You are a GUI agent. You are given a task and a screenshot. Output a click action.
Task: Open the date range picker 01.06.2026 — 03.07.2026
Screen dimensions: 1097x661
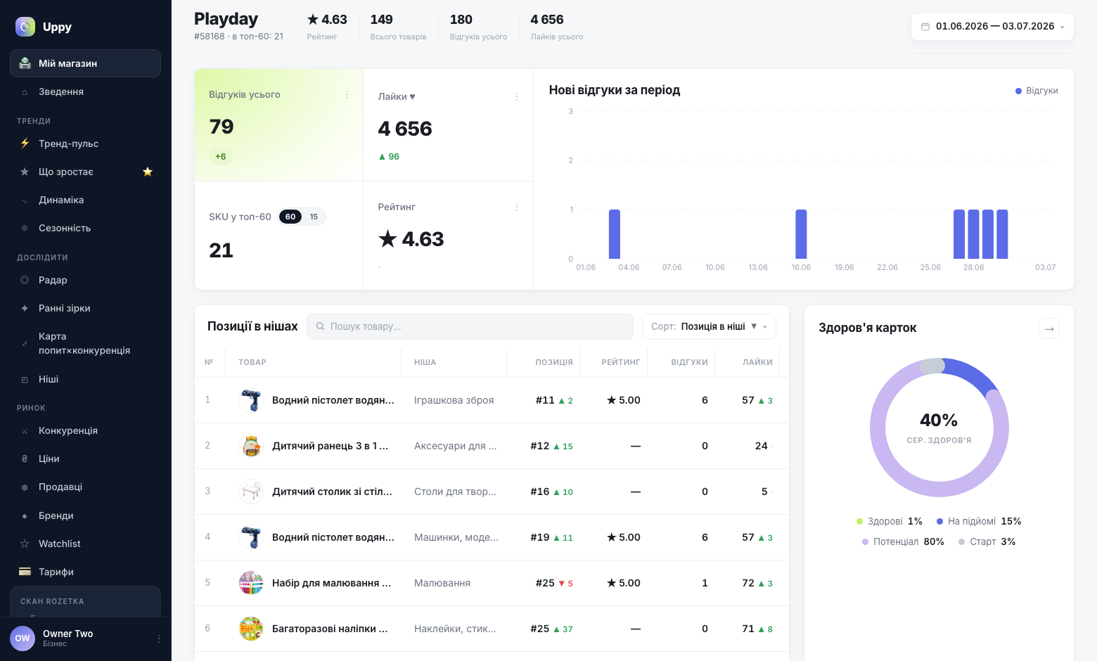click(x=992, y=27)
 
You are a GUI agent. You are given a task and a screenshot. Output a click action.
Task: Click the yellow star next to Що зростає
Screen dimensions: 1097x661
click(x=148, y=172)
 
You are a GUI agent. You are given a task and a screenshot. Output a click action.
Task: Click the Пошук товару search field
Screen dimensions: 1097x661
click(x=470, y=326)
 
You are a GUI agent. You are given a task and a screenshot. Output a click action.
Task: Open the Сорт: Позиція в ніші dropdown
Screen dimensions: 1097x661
click(x=709, y=326)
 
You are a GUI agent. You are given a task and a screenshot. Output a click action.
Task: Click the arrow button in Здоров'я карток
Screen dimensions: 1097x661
click(x=1049, y=328)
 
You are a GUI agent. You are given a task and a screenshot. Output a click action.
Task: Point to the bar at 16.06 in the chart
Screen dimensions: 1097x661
click(x=801, y=234)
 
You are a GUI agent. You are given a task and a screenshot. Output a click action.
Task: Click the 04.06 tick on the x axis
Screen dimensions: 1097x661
click(x=629, y=267)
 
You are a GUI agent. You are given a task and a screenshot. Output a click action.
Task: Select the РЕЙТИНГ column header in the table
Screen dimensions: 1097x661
click(x=620, y=362)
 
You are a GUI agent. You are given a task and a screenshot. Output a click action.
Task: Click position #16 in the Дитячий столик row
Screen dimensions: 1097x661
click(x=539, y=492)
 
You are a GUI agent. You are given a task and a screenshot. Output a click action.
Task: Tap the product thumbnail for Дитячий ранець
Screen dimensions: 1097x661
click(x=251, y=446)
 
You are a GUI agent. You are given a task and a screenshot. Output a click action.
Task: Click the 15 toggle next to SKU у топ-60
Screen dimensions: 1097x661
click(x=314, y=217)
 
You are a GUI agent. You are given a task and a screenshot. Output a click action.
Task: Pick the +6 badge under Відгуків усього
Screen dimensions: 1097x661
click(x=220, y=157)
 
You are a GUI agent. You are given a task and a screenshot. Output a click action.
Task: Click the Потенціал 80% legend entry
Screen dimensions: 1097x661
click(x=903, y=541)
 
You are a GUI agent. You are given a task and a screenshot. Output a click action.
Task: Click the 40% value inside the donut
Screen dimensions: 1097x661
click(x=939, y=420)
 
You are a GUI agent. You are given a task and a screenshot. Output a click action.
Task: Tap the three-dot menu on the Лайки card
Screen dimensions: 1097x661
click(x=516, y=97)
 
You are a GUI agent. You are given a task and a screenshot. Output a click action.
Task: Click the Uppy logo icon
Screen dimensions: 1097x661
click(x=25, y=27)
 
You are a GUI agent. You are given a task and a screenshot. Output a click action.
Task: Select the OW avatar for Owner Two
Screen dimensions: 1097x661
click(x=23, y=638)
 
